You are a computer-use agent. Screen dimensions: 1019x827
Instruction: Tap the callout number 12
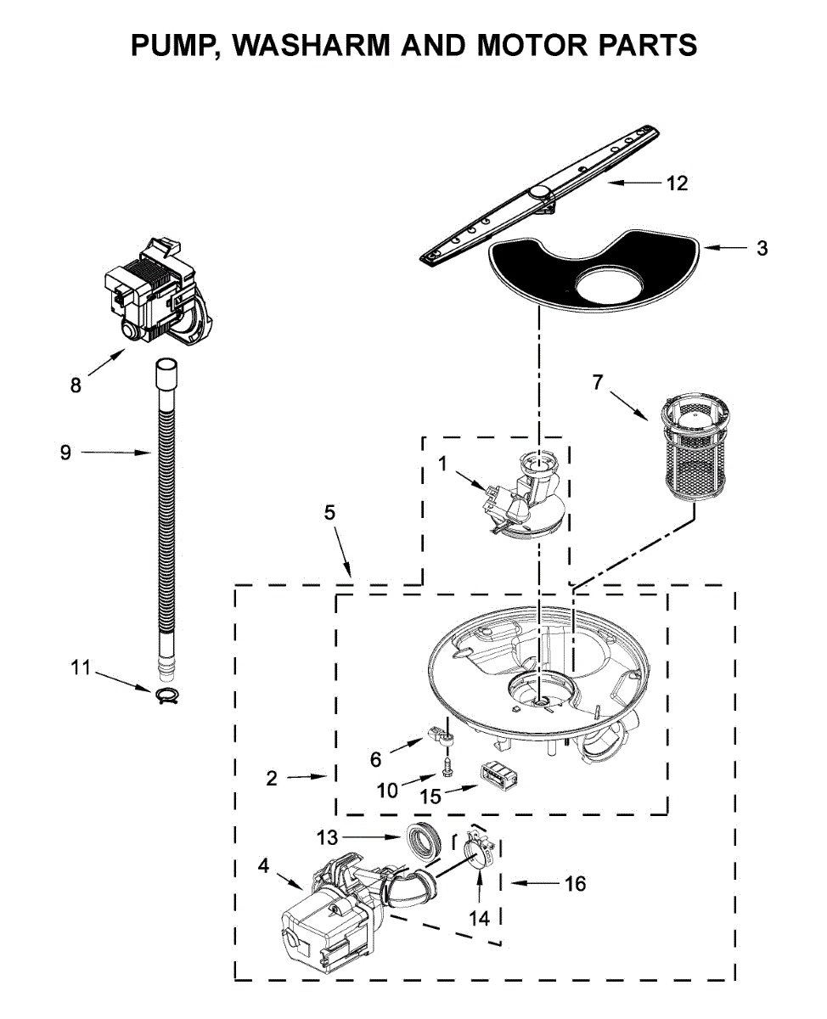tap(677, 183)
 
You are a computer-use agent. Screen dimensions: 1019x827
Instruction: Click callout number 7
tap(598, 383)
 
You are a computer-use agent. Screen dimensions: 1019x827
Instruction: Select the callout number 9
tap(65, 453)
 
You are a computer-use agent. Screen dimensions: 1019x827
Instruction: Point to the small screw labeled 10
tap(447, 769)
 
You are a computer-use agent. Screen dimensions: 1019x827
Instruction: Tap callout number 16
tap(575, 884)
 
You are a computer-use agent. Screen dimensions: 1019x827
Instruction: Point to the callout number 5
tap(329, 512)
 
